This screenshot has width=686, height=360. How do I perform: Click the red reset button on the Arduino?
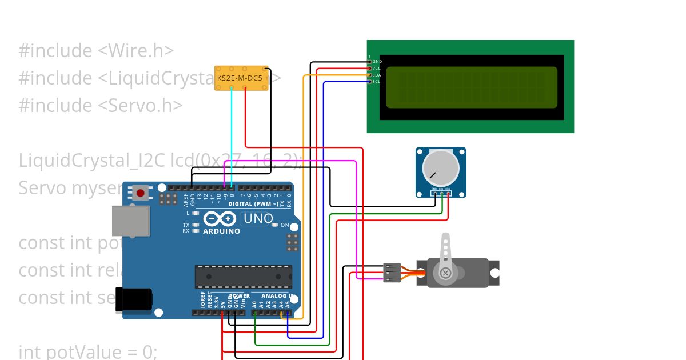click(141, 193)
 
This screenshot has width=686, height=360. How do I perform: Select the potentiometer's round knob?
click(440, 169)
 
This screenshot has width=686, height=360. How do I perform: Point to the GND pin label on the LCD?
click(377, 61)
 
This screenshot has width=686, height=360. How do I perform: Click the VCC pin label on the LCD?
click(377, 68)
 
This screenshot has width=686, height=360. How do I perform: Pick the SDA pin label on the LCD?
click(377, 75)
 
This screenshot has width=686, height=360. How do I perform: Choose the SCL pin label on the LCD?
click(377, 82)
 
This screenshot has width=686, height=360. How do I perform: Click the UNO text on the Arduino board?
click(258, 218)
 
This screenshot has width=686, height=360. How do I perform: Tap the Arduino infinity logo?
click(220, 219)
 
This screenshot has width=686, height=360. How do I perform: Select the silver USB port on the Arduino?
click(130, 221)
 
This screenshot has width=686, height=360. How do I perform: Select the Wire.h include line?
click(96, 51)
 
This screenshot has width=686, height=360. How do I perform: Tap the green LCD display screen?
click(471, 87)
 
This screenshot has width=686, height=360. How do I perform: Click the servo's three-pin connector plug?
click(392, 273)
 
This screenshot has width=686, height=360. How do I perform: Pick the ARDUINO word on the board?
click(221, 231)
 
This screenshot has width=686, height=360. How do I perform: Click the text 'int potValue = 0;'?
click(87, 351)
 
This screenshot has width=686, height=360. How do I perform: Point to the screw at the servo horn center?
click(446, 274)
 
